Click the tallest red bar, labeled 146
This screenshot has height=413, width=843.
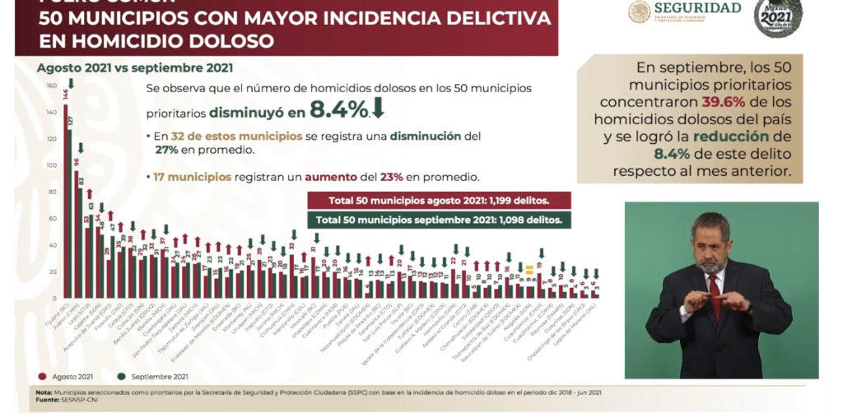[65, 202]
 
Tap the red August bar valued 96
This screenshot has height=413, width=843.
[77, 234]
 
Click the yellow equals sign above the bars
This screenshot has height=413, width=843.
[530, 269]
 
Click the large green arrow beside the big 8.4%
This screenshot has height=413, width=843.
[379, 108]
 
